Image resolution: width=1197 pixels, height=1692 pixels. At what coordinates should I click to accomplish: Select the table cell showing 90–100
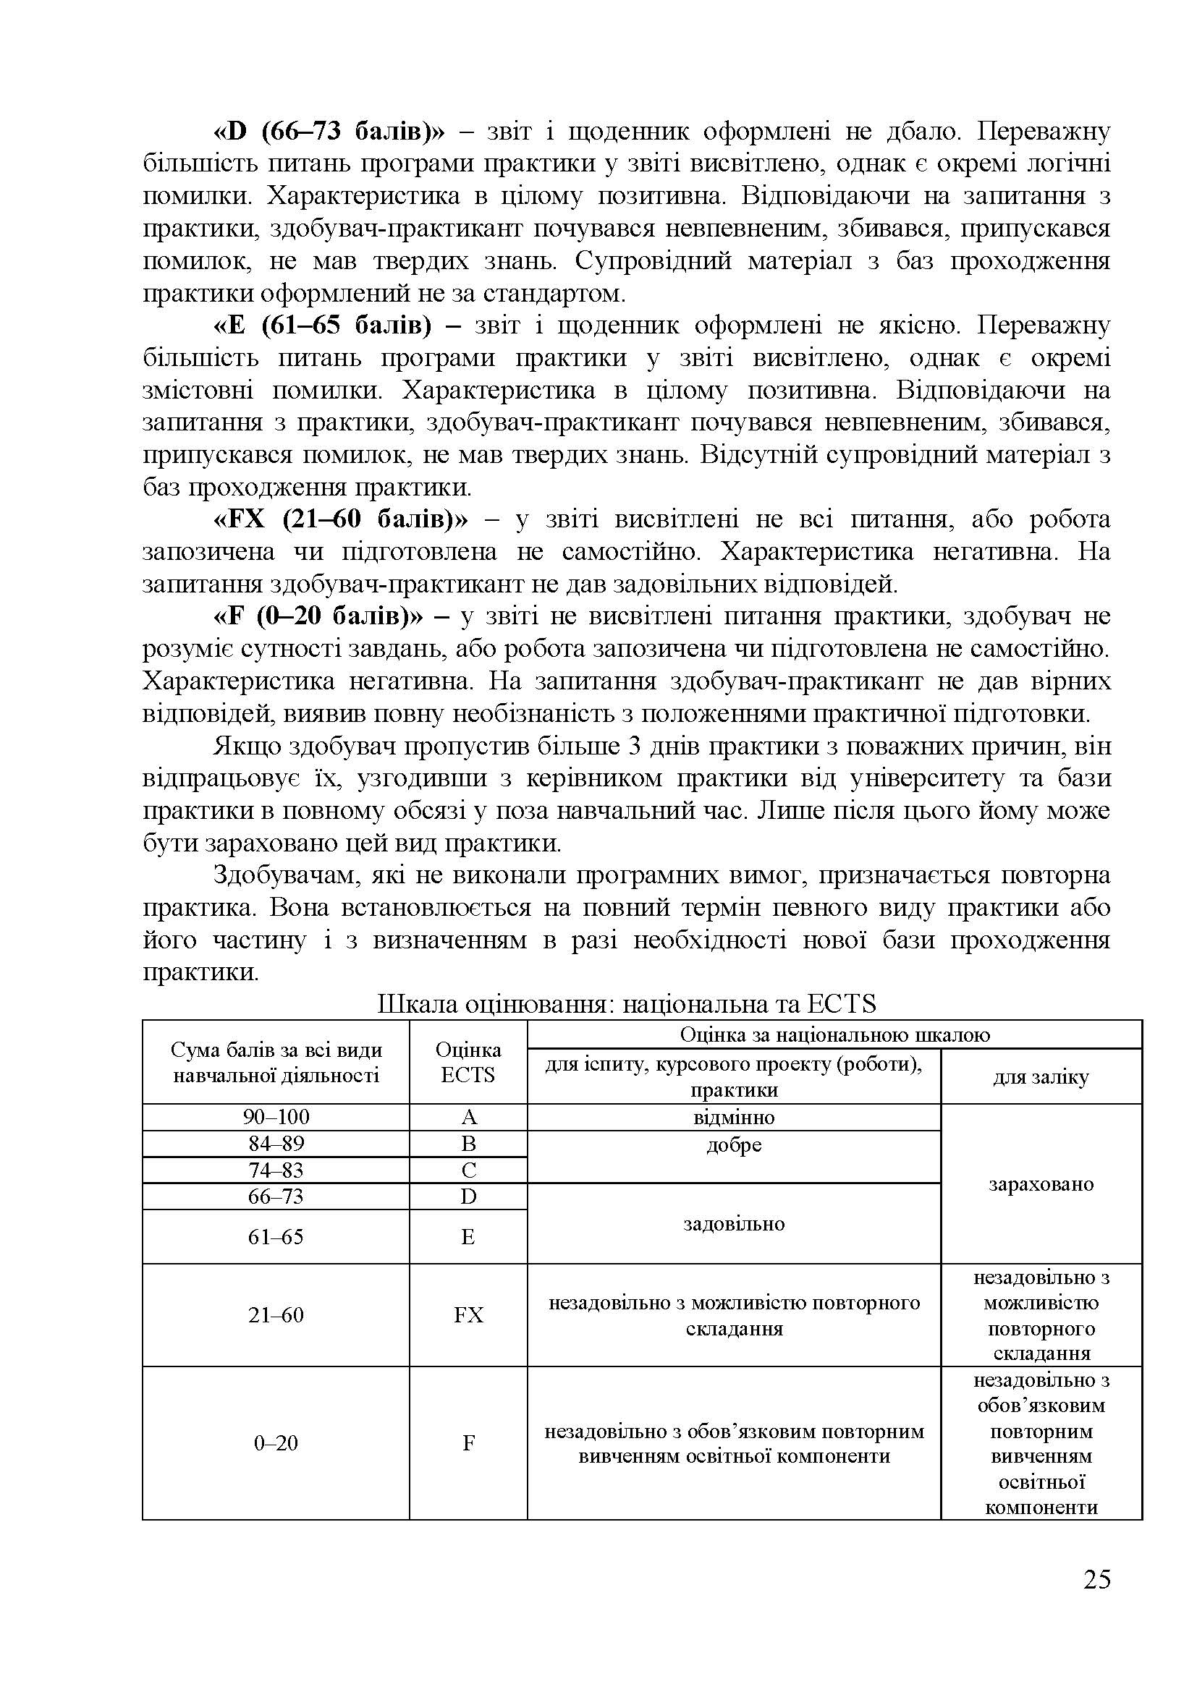(276, 1117)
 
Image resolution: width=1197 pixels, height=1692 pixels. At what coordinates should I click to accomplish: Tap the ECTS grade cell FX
(468, 1314)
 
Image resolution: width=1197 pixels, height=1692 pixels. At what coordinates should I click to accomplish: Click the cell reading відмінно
(733, 1117)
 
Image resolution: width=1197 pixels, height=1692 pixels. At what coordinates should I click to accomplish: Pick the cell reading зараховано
(1041, 1184)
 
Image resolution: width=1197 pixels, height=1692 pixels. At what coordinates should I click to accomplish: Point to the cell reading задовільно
(733, 1224)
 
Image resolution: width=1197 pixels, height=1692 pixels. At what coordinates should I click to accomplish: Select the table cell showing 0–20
(276, 1442)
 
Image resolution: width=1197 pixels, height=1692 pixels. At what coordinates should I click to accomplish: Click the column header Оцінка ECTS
(468, 1062)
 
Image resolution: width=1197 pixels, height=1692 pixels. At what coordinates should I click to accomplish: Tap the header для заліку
(1041, 1076)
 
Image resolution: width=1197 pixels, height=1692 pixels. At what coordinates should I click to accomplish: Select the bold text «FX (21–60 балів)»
(340, 519)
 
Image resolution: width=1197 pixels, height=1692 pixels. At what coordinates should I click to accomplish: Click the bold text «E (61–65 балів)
(321, 326)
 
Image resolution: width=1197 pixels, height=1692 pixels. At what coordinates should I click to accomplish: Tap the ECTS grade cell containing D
(468, 1196)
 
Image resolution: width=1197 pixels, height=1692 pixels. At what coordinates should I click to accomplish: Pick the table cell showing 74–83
(276, 1170)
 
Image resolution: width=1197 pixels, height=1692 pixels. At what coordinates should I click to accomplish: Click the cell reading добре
(733, 1145)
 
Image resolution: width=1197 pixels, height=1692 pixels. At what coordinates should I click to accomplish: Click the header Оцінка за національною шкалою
(834, 1034)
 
